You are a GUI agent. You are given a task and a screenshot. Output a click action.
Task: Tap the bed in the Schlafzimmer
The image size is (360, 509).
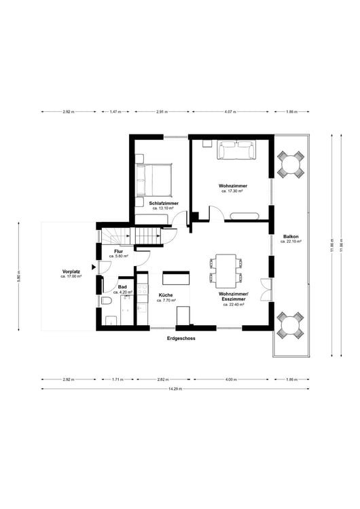pyautogui.click(x=156, y=180)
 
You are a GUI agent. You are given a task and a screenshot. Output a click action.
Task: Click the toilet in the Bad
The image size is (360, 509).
pyautogui.click(x=107, y=301)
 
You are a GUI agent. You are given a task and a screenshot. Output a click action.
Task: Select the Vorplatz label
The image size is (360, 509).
pyautogui.click(x=71, y=271)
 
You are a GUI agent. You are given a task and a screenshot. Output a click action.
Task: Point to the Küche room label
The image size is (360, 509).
pyautogui.click(x=166, y=295)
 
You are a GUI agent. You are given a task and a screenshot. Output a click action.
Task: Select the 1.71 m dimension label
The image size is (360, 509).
pyautogui.click(x=118, y=379)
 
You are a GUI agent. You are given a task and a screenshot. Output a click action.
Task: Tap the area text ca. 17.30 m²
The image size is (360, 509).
pyautogui.click(x=232, y=191)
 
